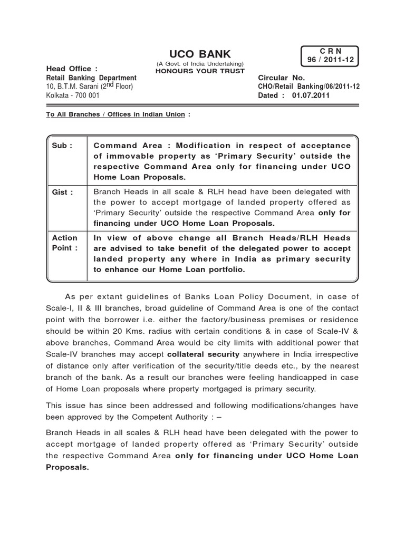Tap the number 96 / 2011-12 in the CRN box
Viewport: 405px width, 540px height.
[330, 61]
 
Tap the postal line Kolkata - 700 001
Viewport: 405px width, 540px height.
[73, 95]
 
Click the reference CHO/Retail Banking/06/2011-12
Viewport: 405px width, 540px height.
[309, 86]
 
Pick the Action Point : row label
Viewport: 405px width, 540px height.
[64, 243]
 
